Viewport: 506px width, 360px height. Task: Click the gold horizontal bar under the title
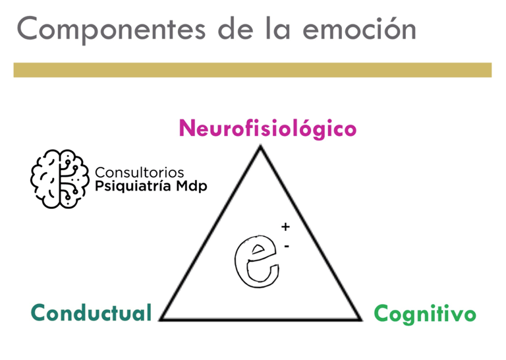click(252, 70)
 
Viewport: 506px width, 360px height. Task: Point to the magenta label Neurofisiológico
click(267, 128)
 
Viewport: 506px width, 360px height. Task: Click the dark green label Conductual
click(92, 313)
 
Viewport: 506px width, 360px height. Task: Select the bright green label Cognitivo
click(425, 314)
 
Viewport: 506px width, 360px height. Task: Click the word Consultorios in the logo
click(140, 173)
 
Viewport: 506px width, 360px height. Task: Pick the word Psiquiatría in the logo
click(134, 187)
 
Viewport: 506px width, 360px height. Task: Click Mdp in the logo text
click(192, 187)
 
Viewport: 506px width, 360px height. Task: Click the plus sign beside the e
click(285, 227)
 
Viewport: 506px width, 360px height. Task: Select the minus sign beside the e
click(287, 245)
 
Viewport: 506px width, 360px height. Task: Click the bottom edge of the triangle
click(261, 320)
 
